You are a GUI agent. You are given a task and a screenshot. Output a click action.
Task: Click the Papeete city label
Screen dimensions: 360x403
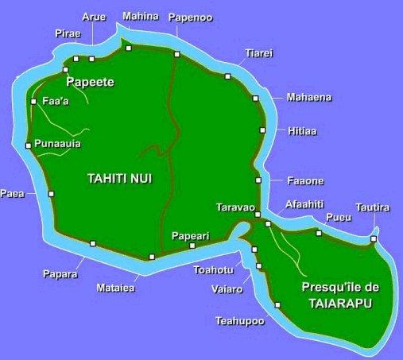click(x=91, y=82)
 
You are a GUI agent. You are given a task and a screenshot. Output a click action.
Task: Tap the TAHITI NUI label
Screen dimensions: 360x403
click(x=118, y=179)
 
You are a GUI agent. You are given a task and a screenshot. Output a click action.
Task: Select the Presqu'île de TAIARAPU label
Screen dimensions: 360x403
click(x=337, y=295)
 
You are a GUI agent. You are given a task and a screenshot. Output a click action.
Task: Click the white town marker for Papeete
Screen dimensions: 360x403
click(x=66, y=70)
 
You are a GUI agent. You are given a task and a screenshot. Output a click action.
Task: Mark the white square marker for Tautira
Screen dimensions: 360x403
click(x=374, y=238)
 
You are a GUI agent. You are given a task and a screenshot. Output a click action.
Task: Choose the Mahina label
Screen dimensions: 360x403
click(x=141, y=15)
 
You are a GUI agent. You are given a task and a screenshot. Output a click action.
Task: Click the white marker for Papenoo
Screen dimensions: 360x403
click(x=177, y=54)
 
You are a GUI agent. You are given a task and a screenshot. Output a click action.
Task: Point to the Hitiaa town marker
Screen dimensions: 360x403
click(x=262, y=130)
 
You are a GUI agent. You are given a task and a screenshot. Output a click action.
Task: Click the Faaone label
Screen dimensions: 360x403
click(x=304, y=181)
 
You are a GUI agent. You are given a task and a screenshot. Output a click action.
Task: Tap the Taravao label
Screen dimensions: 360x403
click(x=234, y=207)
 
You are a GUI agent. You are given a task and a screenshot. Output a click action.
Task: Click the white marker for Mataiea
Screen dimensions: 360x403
click(x=152, y=257)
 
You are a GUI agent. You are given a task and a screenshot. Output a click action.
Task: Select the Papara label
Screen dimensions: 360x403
click(x=60, y=274)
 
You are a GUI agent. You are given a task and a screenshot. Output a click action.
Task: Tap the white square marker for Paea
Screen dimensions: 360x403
click(x=51, y=193)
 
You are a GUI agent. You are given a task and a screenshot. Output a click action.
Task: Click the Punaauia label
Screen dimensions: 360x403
click(x=58, y=144)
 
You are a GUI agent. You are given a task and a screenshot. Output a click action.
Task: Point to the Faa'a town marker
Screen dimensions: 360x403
click(x=33, y=102)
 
